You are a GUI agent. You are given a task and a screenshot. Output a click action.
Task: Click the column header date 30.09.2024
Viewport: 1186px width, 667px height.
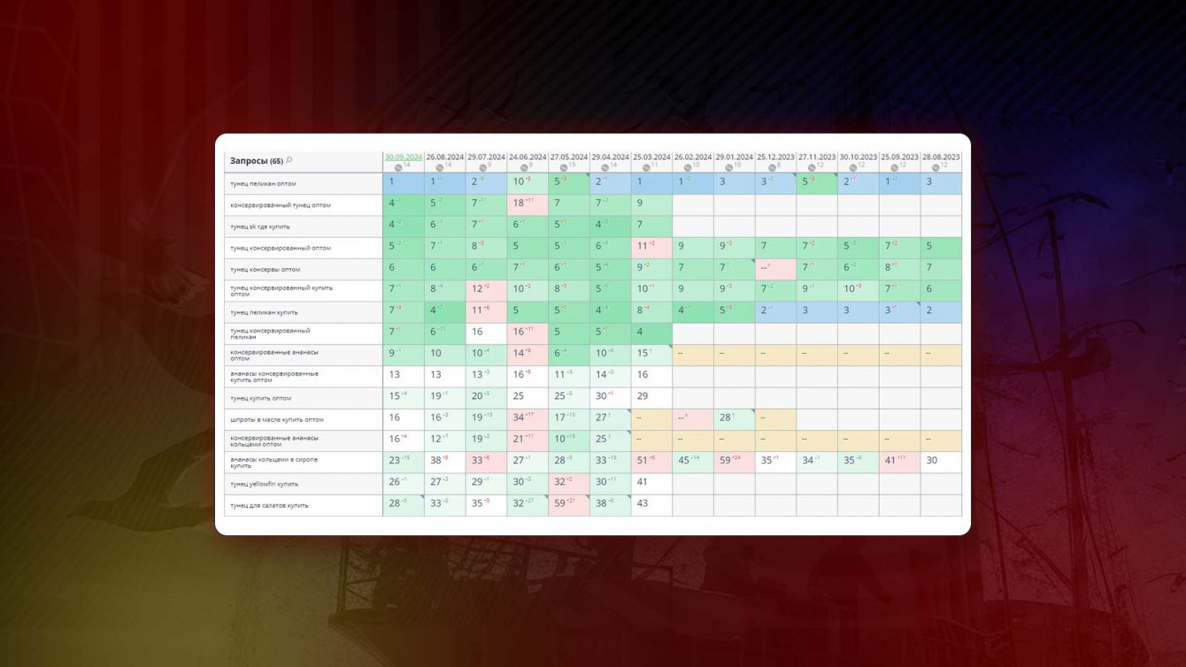tap(403, 157)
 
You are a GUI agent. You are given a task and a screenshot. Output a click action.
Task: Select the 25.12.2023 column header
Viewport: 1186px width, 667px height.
tap(775, 157)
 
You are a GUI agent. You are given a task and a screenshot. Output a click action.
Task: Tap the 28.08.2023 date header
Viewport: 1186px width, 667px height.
tap(941, 157)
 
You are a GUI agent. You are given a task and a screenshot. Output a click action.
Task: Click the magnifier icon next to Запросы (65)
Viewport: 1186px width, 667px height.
tap(289, 160)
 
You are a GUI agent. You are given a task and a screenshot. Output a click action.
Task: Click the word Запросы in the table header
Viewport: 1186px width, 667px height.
tap(249, 161)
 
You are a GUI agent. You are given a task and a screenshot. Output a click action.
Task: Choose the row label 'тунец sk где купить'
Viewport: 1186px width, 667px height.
tap(265, 226)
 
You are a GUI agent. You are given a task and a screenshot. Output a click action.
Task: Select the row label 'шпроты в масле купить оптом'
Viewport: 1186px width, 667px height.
tap(276, 419)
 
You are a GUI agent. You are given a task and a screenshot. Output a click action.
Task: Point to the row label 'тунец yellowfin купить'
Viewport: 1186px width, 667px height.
tap(264, 484)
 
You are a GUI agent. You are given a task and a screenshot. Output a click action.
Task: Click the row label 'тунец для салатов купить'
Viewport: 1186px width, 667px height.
tap(268, 505)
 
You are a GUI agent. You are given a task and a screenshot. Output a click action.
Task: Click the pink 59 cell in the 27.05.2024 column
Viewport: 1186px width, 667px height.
tap(569, 504)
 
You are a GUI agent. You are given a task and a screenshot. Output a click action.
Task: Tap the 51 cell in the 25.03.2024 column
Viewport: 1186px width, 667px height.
tap(651, 462)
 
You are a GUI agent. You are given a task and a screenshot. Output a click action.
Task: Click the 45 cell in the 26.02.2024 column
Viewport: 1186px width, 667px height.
tap(692, 462)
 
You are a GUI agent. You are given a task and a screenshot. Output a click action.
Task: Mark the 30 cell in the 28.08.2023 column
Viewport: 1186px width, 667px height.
tap(941, 462)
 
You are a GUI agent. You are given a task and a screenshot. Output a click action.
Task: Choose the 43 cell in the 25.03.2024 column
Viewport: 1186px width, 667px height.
tap(651, 504)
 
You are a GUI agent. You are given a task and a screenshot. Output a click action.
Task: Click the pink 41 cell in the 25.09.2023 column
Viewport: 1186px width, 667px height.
tap(899, 462)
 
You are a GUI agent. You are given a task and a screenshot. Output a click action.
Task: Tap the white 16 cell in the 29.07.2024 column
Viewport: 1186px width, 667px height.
tap(486, 333)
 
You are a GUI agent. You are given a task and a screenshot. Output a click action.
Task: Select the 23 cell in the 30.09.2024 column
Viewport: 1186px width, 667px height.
tap(403, 462)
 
